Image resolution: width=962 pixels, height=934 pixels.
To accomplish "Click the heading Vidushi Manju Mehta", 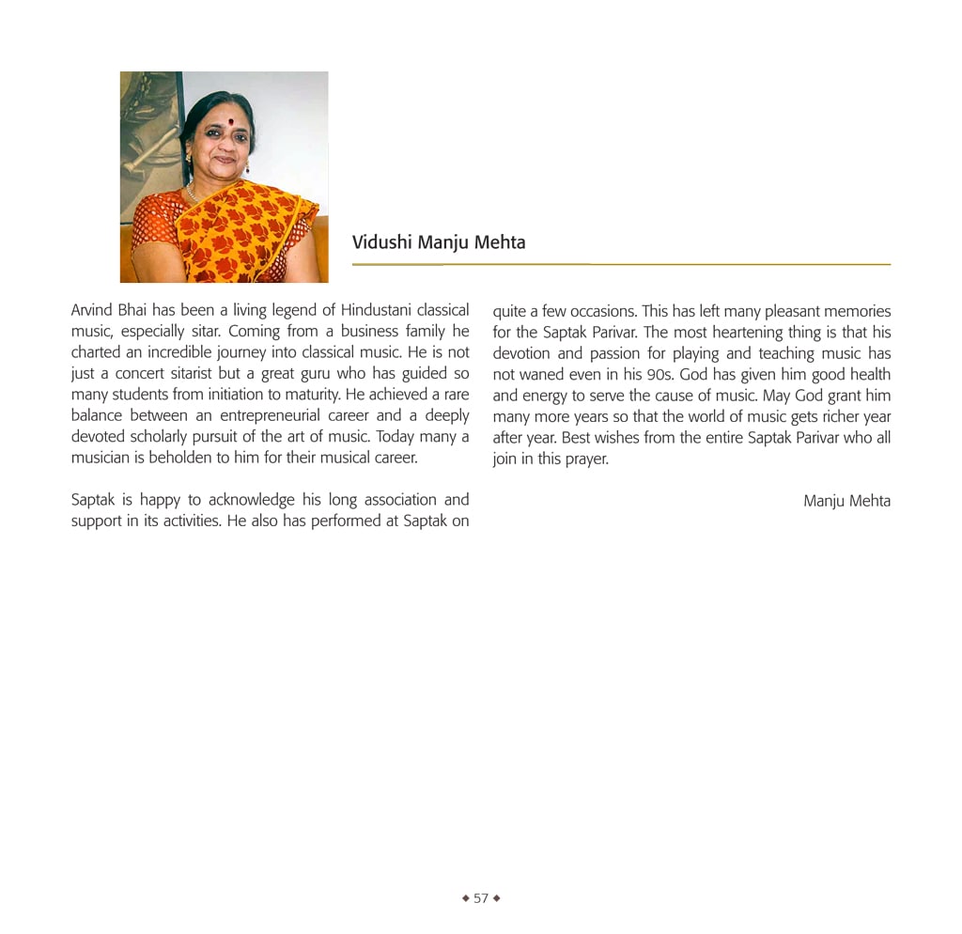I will point(439,242).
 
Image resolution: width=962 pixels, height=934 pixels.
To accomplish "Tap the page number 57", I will point(481,898).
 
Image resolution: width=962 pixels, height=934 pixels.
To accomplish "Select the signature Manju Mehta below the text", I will point(846,501).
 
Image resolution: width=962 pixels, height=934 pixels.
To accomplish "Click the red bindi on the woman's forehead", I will point(217,121).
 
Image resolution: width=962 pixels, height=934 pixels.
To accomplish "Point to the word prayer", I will point(586,459).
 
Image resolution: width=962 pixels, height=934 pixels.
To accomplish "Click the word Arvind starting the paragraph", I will point(92,310).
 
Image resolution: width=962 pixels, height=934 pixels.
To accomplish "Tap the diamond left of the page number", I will point(465,898).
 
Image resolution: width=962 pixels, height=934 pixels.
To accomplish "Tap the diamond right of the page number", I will point(497,898).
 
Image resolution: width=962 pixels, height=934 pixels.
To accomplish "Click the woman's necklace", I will point(193,195).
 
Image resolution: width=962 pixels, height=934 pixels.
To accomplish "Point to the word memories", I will point(857,310).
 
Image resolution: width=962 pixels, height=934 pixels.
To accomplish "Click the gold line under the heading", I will point(621,265).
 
